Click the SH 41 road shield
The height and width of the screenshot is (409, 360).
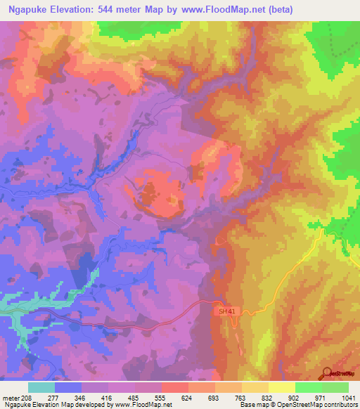coord(221,309)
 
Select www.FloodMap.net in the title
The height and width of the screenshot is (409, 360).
coord(215,10)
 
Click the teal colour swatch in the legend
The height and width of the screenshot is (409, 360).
coord(41,387)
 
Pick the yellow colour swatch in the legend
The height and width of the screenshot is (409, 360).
coord(282,387)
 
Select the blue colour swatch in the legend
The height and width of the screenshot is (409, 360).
coord(68,387)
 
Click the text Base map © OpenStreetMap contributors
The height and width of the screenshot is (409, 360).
coord(298,405)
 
